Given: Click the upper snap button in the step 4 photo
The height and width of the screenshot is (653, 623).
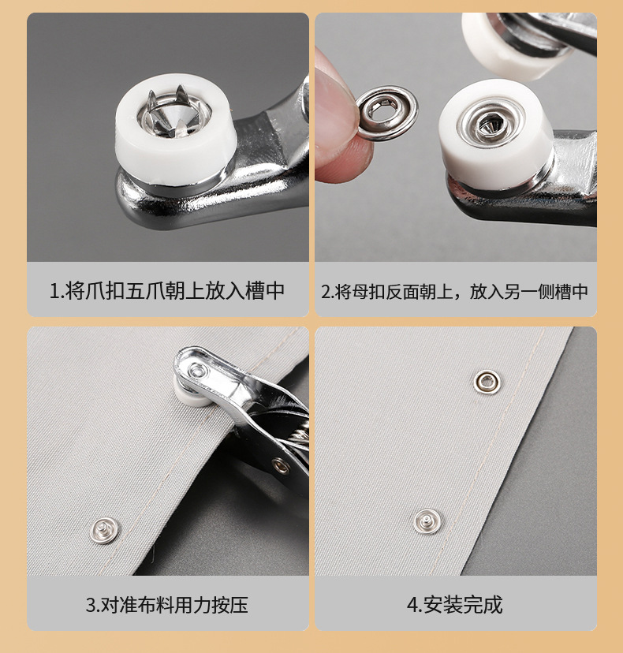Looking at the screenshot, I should pos(487,382).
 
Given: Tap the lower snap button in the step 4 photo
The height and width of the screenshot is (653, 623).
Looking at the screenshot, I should pos(427,519).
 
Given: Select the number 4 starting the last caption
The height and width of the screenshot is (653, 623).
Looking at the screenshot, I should pos(412,606).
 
